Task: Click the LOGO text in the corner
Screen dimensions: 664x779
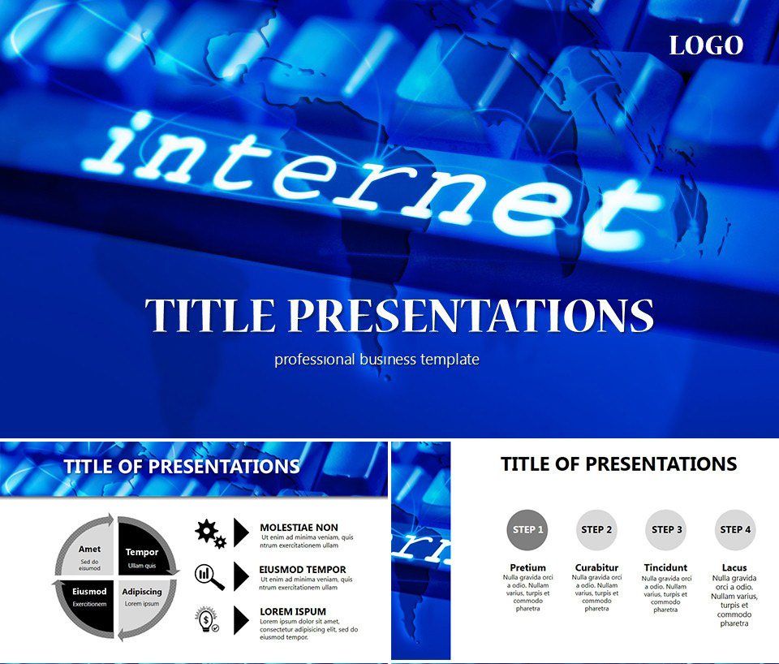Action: pyautogui.click(x=706, y=45)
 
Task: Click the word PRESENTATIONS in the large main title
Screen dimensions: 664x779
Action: pyautogui.click(x=471, y=315)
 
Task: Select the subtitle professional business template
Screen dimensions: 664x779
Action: pyautogui.click(x=377, y=359)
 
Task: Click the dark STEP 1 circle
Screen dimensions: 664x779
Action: pyautogui.click(x=525, y=530)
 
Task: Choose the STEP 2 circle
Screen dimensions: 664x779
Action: pyautogui.click(x=596, y=530)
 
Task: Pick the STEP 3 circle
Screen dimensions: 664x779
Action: pyautogui.click(x=666, y=530)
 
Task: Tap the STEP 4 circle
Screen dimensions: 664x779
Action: pyautogui.click(x=735, y=530)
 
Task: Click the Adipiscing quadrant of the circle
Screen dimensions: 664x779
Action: pyautogui.click(x=143, y=597)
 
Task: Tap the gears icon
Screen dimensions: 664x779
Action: pyautogui.click(x=209, y=532)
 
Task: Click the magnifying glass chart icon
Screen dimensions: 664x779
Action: pyautogui.click(x=209, y=576)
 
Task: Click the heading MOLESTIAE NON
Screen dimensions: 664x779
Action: pyautogui.click(x=299, y=528)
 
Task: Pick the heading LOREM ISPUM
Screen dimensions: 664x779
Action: pyautogui.click(x=293, y=611)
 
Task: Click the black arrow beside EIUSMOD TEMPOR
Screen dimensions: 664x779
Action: pyautogui.click(x=241, y=576)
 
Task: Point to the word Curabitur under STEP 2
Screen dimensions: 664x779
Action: pyautogui.click(x=596, y=567)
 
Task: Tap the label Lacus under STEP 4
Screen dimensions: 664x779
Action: pyautogui.click(x=735, y=567)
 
